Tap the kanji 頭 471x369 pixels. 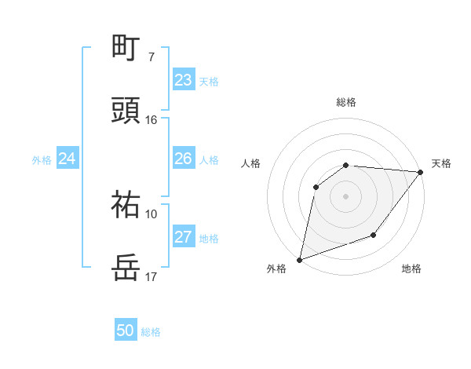[126, 111]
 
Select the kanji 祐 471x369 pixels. [126, 205]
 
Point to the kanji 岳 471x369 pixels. [126, 268]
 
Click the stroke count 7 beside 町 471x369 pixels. [152, 57]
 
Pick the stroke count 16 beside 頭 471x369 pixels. [152, 120]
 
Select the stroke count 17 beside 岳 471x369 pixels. [152, 277]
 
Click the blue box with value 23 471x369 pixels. [184, 80]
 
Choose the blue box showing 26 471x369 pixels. [184, 159]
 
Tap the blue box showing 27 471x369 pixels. [184, 237]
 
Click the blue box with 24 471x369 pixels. [68, 159]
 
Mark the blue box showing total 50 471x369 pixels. [126, 331]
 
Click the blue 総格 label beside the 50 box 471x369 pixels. [152, 332]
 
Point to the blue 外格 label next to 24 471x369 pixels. [42, 160]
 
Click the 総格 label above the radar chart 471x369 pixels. [346, 102]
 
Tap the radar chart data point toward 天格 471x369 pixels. [421, 172]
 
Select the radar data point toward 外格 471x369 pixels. [300, 259]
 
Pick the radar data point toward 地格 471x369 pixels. [374, 235]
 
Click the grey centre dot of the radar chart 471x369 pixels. [346, 195]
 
